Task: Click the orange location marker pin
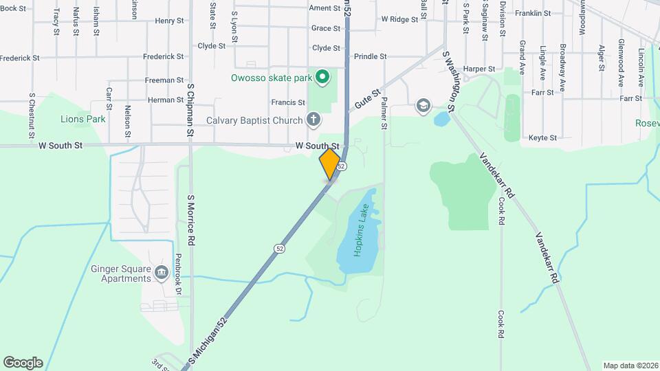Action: tap(330, 164)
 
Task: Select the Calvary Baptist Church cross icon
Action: tap(313, 120)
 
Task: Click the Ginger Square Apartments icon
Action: tap(162, 273)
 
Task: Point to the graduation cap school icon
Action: tap(423, 105)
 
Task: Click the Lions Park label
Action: tap(83, 119)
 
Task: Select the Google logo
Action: tap(23, 362)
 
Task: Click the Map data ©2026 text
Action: tap(630, 366)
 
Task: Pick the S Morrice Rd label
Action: tap(192, 220)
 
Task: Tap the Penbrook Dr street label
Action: tap(177, 275)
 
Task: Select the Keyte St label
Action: tap(542, 138)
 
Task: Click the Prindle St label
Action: tap(371, 56)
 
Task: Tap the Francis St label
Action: tap(287, 102)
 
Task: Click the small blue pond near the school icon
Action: tap(441, 119)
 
